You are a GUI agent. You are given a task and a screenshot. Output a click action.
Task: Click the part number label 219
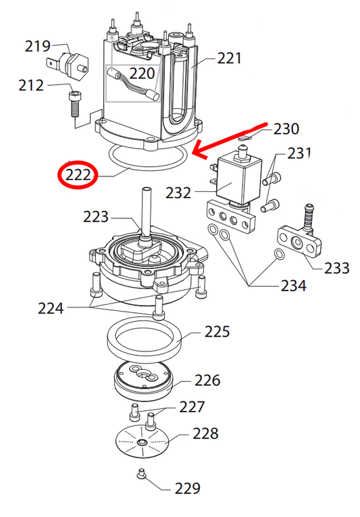click(38, 46)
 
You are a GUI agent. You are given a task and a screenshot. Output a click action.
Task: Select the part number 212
click(32, 85)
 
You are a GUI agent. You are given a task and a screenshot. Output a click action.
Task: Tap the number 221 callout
click(230, 59)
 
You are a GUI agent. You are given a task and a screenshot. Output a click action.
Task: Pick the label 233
click(336, 268)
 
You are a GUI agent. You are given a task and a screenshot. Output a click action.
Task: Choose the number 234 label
click(294, 286)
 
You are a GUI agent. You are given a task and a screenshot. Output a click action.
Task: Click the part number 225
click(217, 333)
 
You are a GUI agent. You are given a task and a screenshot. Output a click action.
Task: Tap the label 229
click(187, 487)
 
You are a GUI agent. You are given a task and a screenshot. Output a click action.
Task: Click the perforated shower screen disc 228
click(143, 443)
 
